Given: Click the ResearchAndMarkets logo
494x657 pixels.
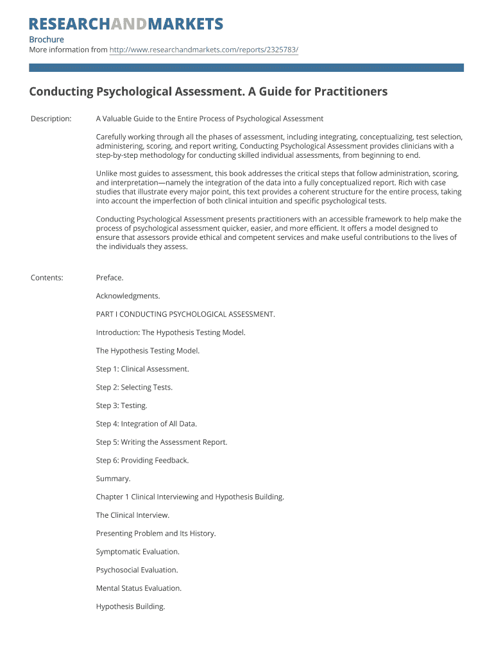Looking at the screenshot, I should [126, 24].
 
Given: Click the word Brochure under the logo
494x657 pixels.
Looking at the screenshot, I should [47, 40].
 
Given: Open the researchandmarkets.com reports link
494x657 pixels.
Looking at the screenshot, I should [204, 49].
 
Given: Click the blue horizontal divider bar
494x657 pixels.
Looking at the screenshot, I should [246, 67].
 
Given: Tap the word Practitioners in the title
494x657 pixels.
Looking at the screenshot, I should [350, 92].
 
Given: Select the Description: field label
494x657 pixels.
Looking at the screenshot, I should [51, 119].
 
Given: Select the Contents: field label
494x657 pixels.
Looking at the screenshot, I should [47, 278].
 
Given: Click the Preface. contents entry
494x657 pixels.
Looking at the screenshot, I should [110, 278].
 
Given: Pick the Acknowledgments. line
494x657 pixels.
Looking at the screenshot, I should [128, 296].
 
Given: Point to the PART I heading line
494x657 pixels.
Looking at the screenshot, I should [185, 314].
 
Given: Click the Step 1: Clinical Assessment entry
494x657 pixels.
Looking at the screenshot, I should [142, 369].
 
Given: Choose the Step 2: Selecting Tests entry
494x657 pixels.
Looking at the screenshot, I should [134, 388].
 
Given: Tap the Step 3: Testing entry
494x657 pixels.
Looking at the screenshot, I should [122, 405].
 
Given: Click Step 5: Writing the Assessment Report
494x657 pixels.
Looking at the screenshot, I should [162, 442].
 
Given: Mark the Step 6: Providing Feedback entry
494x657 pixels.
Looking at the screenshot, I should [142, 460].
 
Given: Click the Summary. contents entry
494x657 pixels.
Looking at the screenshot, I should [114, 479].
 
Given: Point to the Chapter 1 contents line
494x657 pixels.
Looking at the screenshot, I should [190, 497].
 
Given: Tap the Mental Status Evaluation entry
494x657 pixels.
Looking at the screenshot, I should [139, 588].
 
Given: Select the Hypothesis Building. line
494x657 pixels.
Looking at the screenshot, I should [131, 606].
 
